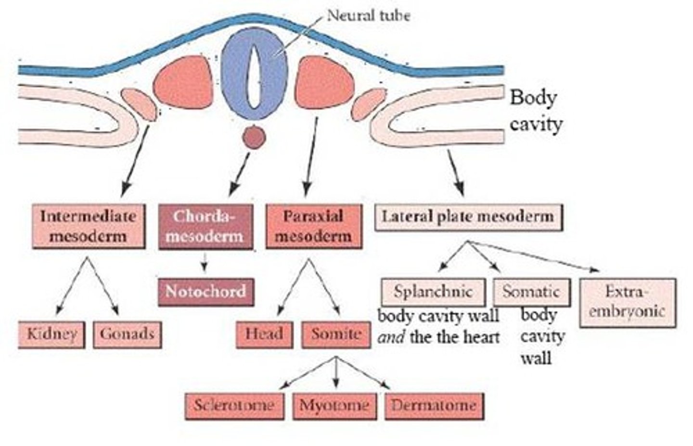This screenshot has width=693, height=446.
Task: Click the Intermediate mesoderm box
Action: pos(88,226)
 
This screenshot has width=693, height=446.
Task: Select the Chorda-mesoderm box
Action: pos(205,226)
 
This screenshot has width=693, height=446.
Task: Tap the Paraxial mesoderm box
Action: pos(313,226)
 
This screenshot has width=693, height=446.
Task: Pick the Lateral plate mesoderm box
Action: pos(468,217)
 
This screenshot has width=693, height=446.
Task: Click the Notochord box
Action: pos(205,292)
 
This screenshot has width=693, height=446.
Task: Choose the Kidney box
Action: pos(51,334)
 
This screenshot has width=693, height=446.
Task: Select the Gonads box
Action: pos(127,334)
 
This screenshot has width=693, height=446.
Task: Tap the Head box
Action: pos(264,334)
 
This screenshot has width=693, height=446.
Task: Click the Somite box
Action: pos(336,334)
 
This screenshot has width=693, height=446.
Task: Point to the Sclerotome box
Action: pos(234,406)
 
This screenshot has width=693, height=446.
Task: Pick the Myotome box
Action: pos(334,406)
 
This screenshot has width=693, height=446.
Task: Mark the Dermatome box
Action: pos(434,406)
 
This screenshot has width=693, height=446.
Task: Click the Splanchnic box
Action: pos(433,292)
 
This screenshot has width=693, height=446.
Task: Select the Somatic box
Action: pos(531,292)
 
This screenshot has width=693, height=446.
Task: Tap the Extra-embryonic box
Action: pos(627,302)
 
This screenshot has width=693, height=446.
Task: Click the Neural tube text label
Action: pos(368,15)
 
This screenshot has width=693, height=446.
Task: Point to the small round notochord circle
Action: pos(254,138)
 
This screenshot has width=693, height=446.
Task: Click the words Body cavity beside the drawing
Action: pos(535,111)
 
